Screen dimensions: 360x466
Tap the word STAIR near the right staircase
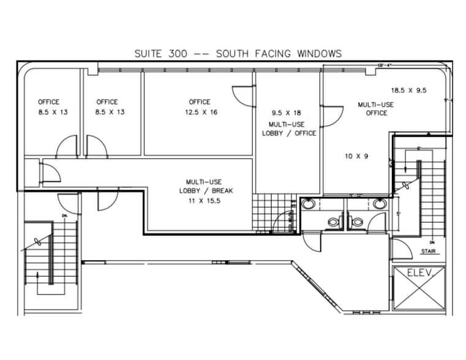point(428,251)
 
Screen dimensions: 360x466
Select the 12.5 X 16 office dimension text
point(200,113)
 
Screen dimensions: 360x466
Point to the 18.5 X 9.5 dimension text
point(409,91)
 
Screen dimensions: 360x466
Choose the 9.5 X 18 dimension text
point(286,113)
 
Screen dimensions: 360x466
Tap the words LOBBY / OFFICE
point(289,133)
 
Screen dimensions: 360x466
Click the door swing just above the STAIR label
point(401,249)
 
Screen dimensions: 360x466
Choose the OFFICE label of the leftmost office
point(49,102)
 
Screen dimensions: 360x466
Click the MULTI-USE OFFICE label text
point(376,109)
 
